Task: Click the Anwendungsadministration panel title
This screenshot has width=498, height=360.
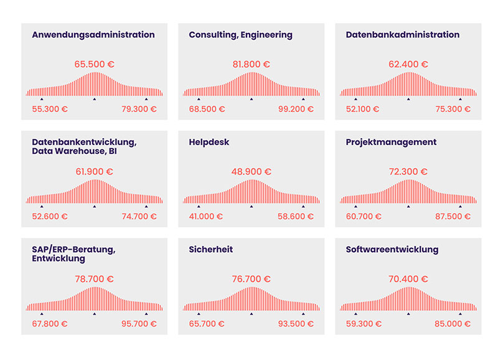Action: pos(93,35)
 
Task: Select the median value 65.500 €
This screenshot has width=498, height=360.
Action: pos(94,64)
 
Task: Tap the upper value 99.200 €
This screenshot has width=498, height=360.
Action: pos(296,109)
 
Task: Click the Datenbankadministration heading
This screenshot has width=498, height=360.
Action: pos(403,35)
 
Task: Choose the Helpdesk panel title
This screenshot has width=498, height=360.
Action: pos(209,142)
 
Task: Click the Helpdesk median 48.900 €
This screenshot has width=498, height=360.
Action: pos(251,171)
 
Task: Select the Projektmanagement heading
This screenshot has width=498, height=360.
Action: pos(391,142)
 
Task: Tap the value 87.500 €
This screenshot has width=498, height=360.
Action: pos(453,216)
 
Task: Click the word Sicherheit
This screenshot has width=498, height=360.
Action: pos(211,250)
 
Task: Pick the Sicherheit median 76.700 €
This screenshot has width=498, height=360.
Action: pos(251,279)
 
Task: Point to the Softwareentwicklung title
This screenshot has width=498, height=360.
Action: pos(392,250)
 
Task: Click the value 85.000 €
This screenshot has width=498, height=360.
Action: pos(453,324)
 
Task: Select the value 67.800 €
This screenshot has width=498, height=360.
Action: pos(50,324)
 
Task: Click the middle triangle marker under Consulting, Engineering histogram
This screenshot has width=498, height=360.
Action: pos(251,98)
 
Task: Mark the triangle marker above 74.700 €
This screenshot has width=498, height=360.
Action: pos(146,206)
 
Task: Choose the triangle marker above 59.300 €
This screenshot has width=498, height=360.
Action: pos(355,314)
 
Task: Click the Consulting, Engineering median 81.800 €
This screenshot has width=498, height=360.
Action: pos(251,64)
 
